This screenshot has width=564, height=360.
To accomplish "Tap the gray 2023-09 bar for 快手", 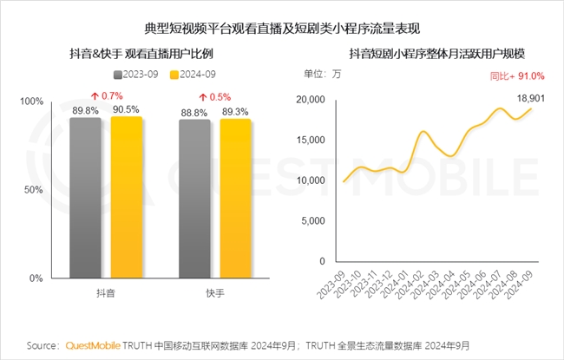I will click(x=194, y=199).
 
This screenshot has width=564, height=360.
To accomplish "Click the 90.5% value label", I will click(x=127, y=109).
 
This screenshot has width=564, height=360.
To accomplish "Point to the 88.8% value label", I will click(x=194, y=111).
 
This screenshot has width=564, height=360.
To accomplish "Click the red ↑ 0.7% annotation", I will click(x=107, y=95).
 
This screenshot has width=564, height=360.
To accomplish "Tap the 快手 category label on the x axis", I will click(x=215, y=293).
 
